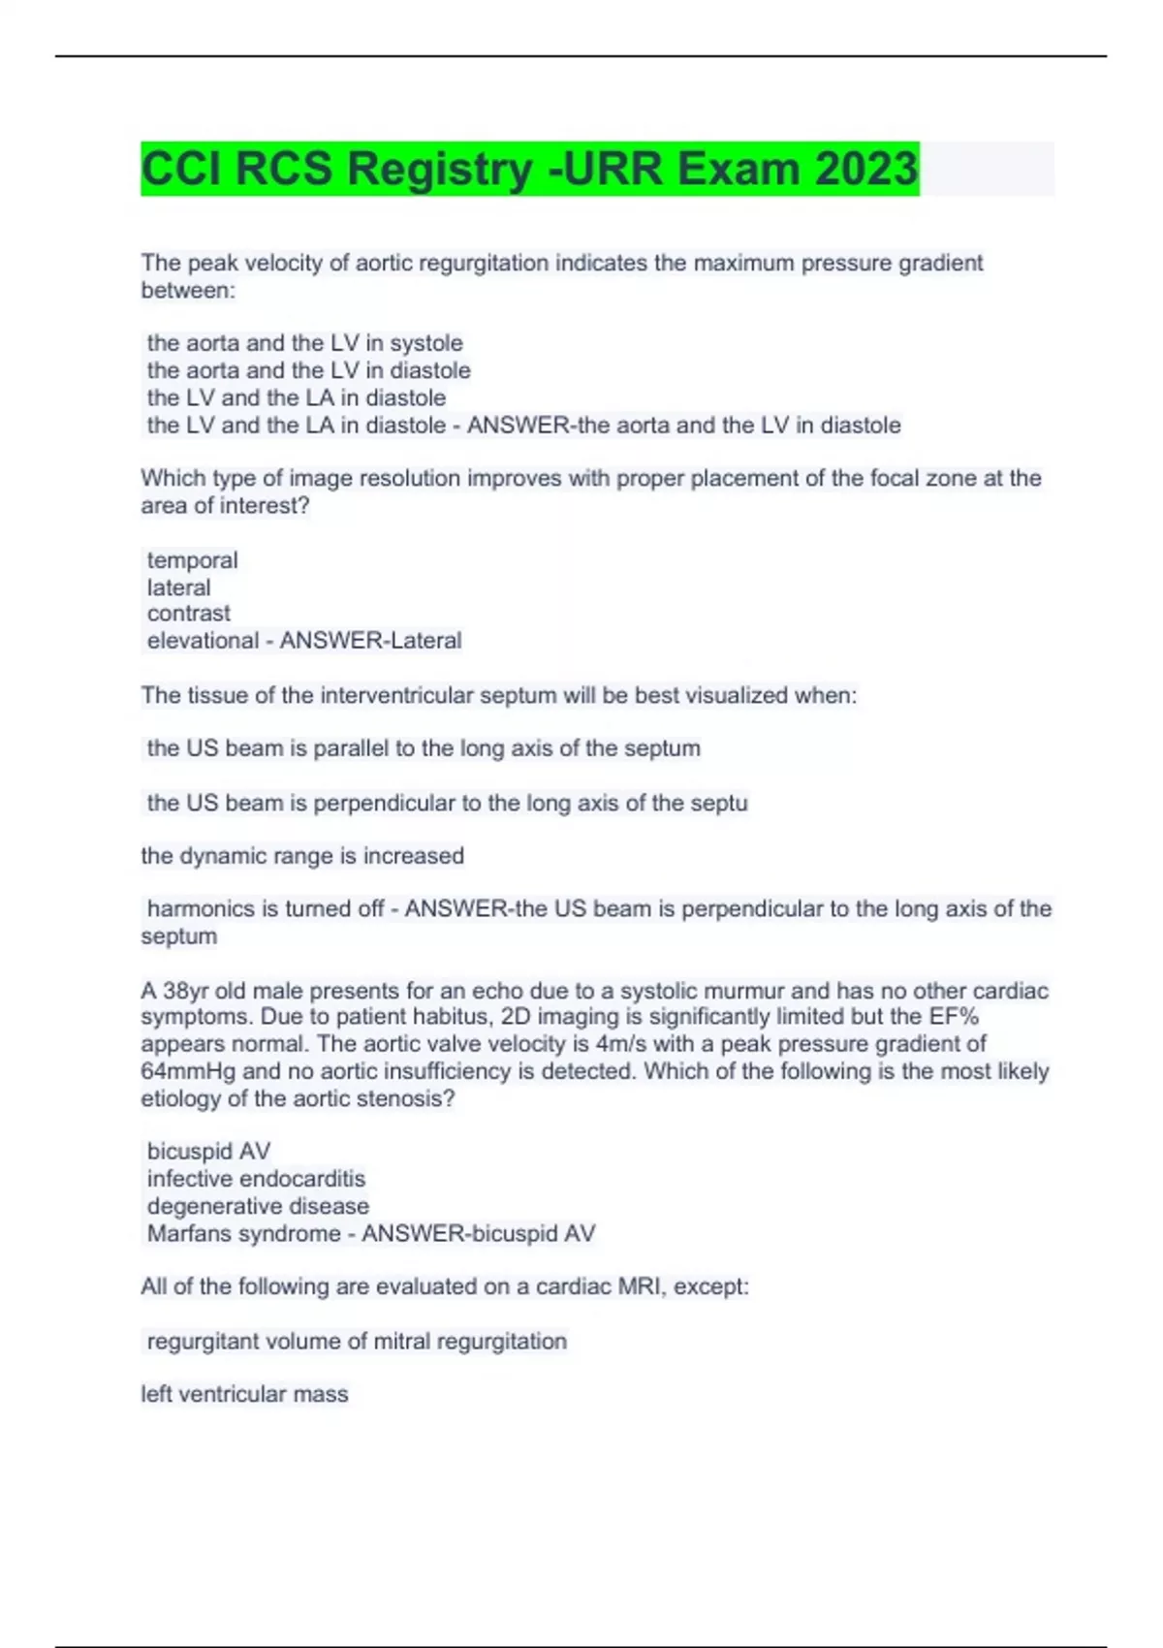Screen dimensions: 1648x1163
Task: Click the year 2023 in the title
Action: (865, 169)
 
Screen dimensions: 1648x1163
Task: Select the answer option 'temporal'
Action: (192, 560)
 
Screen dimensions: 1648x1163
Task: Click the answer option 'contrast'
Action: (189, 614)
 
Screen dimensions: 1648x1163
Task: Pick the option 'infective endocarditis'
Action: (256, 1179)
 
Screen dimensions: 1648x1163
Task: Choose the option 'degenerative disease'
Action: (258, 1206)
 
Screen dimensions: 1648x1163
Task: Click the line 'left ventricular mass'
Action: (244, 1394)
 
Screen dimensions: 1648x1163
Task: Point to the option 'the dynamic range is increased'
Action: (302, 856)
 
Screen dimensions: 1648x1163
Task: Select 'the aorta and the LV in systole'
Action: (304, 343)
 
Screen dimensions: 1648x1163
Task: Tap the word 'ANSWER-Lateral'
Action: (370, 641)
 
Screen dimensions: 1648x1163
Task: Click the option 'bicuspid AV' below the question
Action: (208, 1152)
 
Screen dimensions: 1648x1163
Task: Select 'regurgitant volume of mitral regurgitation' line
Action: (357, 1342)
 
